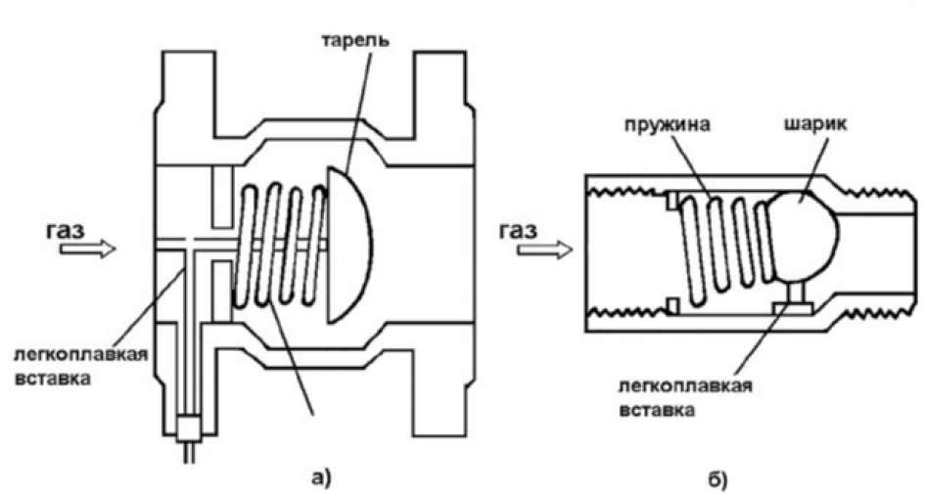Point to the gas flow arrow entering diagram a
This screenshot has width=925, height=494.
pos(86,250)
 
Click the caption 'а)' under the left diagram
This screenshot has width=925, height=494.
pos(323,476)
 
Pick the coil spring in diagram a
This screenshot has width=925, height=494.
pos(279,245)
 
